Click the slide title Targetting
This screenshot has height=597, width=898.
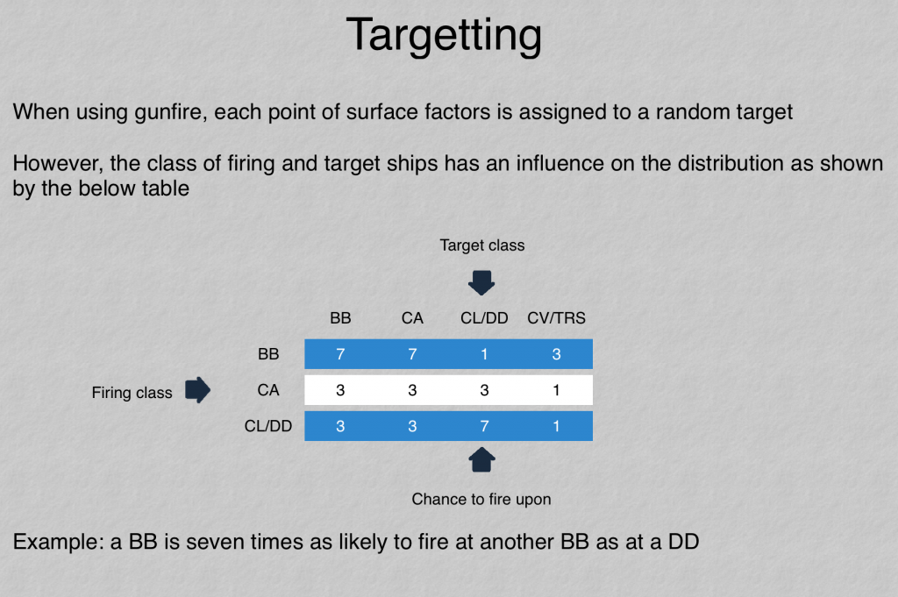444,35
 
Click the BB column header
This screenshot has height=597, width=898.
340,318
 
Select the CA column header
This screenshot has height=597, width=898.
412,318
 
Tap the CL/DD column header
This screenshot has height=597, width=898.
484,318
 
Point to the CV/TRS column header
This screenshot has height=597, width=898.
556,318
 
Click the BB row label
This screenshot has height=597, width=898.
268,354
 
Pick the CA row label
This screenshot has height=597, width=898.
268,390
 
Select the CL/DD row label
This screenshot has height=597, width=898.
268,426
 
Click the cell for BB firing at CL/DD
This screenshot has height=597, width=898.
484,354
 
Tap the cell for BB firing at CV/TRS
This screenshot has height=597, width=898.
557,354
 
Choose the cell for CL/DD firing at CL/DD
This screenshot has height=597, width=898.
484,426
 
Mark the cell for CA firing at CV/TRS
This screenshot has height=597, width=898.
557,390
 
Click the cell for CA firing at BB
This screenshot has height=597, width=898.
340,390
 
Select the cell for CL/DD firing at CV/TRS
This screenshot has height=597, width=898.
557,426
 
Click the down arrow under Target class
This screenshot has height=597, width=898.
481,283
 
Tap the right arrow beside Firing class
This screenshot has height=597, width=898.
197,390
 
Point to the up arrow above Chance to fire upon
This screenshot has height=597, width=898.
481,459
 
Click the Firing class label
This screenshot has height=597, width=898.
132,393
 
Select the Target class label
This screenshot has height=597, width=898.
482,245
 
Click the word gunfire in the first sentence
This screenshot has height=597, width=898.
170,112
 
